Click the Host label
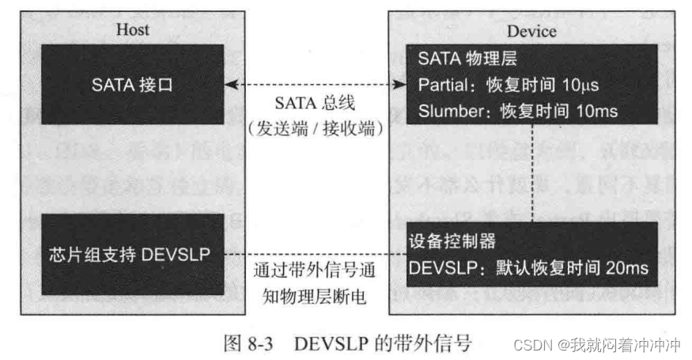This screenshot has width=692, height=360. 132,30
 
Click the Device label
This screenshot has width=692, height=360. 531,31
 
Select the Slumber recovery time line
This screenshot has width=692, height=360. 513,110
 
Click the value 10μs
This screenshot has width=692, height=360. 584,84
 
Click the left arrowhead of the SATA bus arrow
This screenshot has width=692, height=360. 229,83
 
